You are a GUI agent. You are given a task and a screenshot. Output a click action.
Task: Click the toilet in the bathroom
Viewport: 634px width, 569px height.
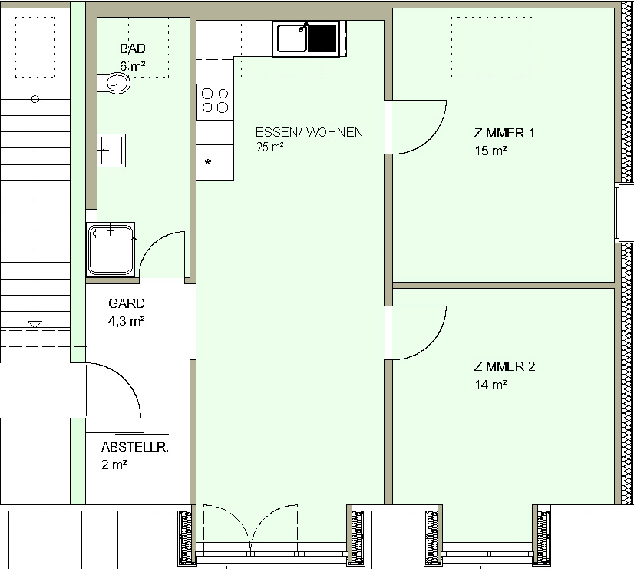(x=114, y=83)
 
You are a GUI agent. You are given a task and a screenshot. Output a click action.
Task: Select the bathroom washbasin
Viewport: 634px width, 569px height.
(x=111, y=151)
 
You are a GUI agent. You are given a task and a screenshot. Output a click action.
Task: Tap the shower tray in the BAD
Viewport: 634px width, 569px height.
(x=111, y=250)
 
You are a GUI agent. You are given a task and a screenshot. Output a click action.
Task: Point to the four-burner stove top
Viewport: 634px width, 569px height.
(x=215, y=101)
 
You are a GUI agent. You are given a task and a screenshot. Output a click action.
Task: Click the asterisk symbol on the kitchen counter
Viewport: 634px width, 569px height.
(x=208, y=163)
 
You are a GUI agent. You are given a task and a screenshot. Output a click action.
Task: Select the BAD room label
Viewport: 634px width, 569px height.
(x=133, y=48)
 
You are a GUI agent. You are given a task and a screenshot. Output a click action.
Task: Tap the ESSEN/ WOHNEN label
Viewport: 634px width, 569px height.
(x=309, y=132)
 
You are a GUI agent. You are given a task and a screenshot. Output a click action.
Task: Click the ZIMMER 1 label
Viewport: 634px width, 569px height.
(x=504, y=133)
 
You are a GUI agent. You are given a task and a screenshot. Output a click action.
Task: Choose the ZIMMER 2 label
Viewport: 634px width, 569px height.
(x=504, y=366)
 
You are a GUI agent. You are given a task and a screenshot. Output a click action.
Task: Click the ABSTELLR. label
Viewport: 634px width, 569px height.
(x=135, y=447)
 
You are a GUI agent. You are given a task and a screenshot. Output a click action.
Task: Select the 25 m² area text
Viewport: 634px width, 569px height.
(x=269, y=147)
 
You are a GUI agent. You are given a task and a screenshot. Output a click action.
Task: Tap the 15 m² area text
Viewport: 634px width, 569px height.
(x=491, y=151)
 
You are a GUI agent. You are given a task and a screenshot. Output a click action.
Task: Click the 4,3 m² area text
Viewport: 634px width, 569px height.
(x=126, y=321)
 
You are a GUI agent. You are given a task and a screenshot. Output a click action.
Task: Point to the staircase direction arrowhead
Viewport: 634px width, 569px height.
(x=35, y=324)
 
